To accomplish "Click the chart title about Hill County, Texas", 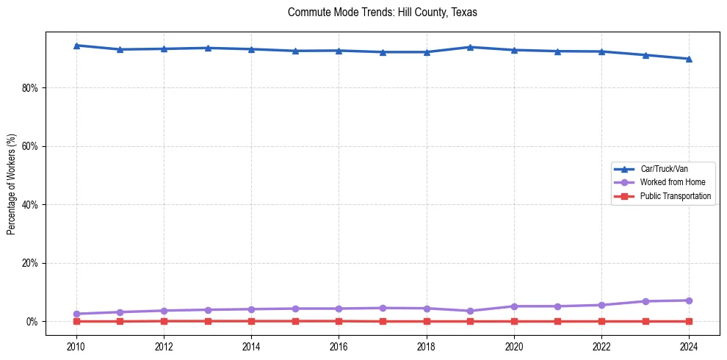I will pyautogui.click(x=383, y=12).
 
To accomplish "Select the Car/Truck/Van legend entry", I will pyautogui.click(x=664, y=169).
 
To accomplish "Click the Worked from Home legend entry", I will pyautogui.click(x=668, y=182).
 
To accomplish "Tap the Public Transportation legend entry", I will pyautogui.click(x=675, y=196).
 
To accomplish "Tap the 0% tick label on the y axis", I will pyautogui.click(x=33, y=322).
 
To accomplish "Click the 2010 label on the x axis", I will pyautogui.click(x=76, y=346).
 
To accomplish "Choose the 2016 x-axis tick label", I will pyautogui.click(x=339, y=346).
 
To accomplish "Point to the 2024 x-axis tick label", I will pyautogui.click(x=689, y=346).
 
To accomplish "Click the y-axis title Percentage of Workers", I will pyautogui.click(x=12, y=184).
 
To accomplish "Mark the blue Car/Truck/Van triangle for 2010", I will pyautogui.click(x=76, y=46).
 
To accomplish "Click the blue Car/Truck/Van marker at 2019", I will pyautogui.click(x=470, y=47).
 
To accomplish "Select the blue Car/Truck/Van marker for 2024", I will pyautogui.click(x=689, y=59).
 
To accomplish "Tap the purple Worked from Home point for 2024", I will pyautogui.click(x=689, y=300).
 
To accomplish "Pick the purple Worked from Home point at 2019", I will pyautogui.click(x=470, y=311).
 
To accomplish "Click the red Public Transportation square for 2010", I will pyautogui.click(x=76, y=321).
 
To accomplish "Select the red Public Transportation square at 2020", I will pyautogui.click(x=514, y=321).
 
